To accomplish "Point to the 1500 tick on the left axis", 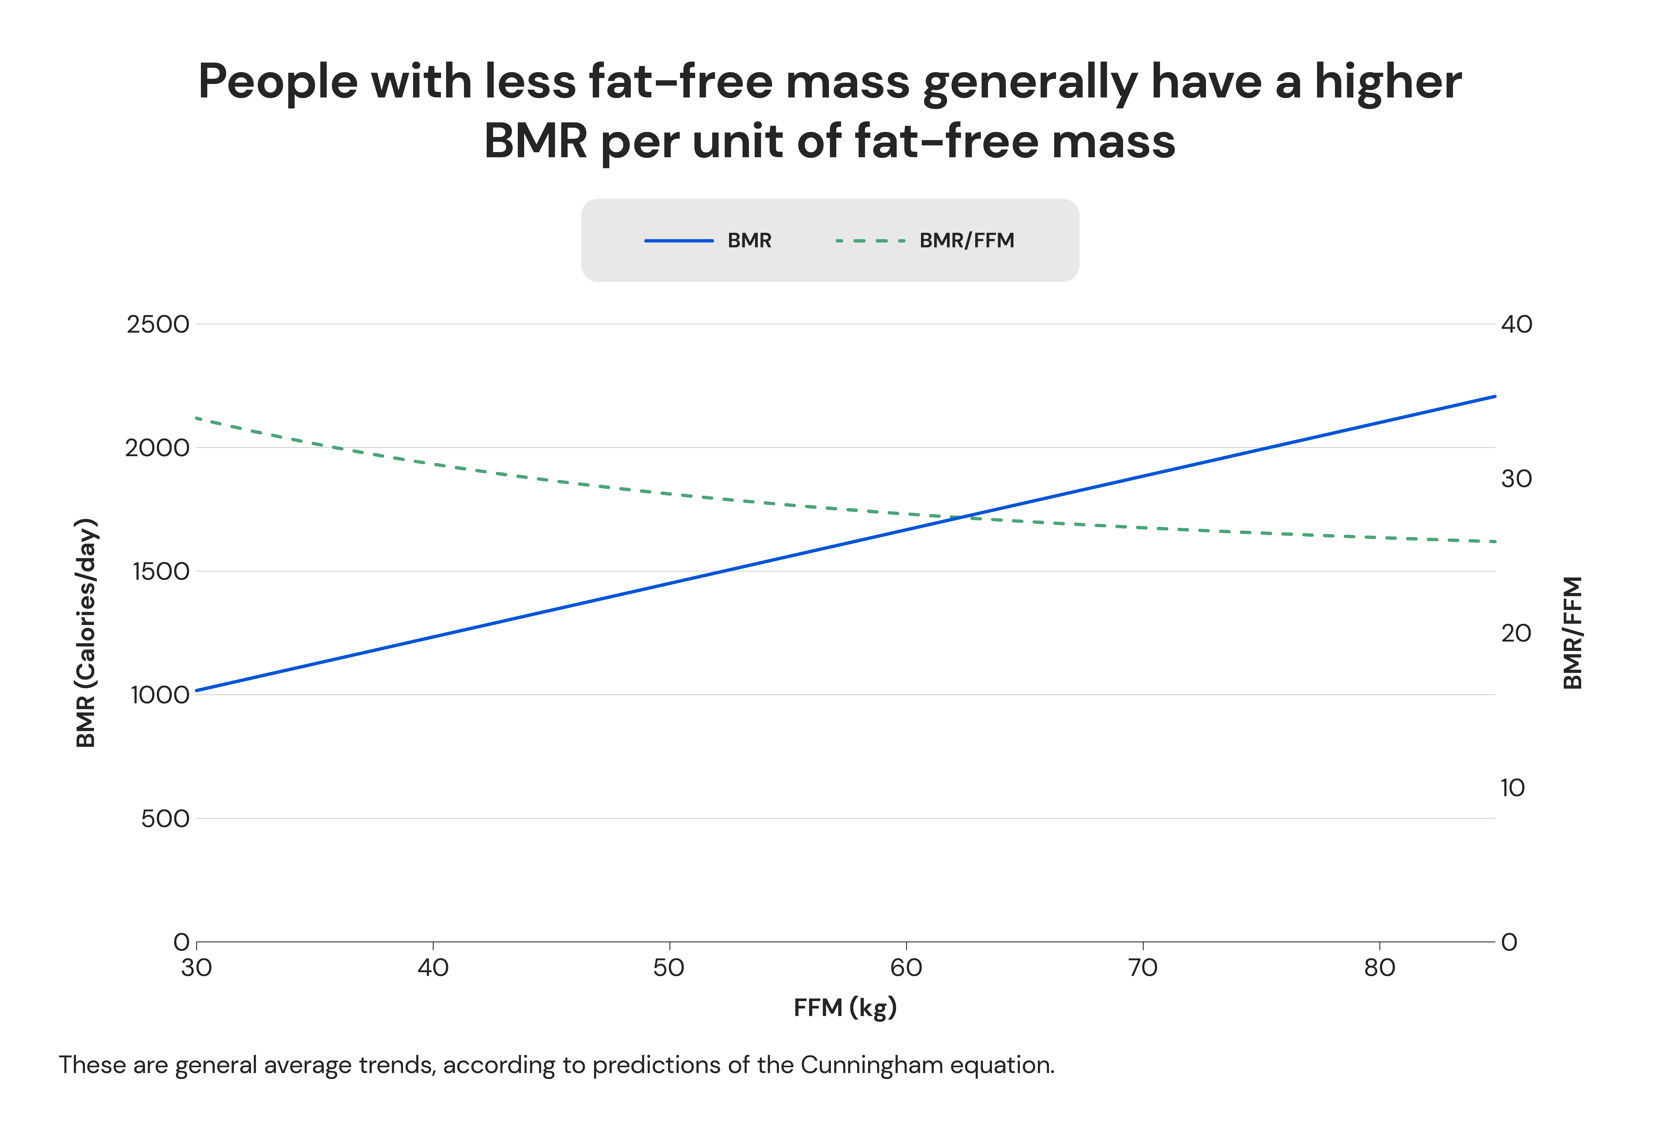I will click(161, 571).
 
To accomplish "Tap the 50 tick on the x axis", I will click(669, 968).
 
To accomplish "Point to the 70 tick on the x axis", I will click(1142, 968).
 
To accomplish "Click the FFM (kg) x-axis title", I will click(845, 1008).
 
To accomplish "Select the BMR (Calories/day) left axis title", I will click(86, 633).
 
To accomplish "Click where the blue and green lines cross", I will click(961, 516).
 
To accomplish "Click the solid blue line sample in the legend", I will click(679, 241).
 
